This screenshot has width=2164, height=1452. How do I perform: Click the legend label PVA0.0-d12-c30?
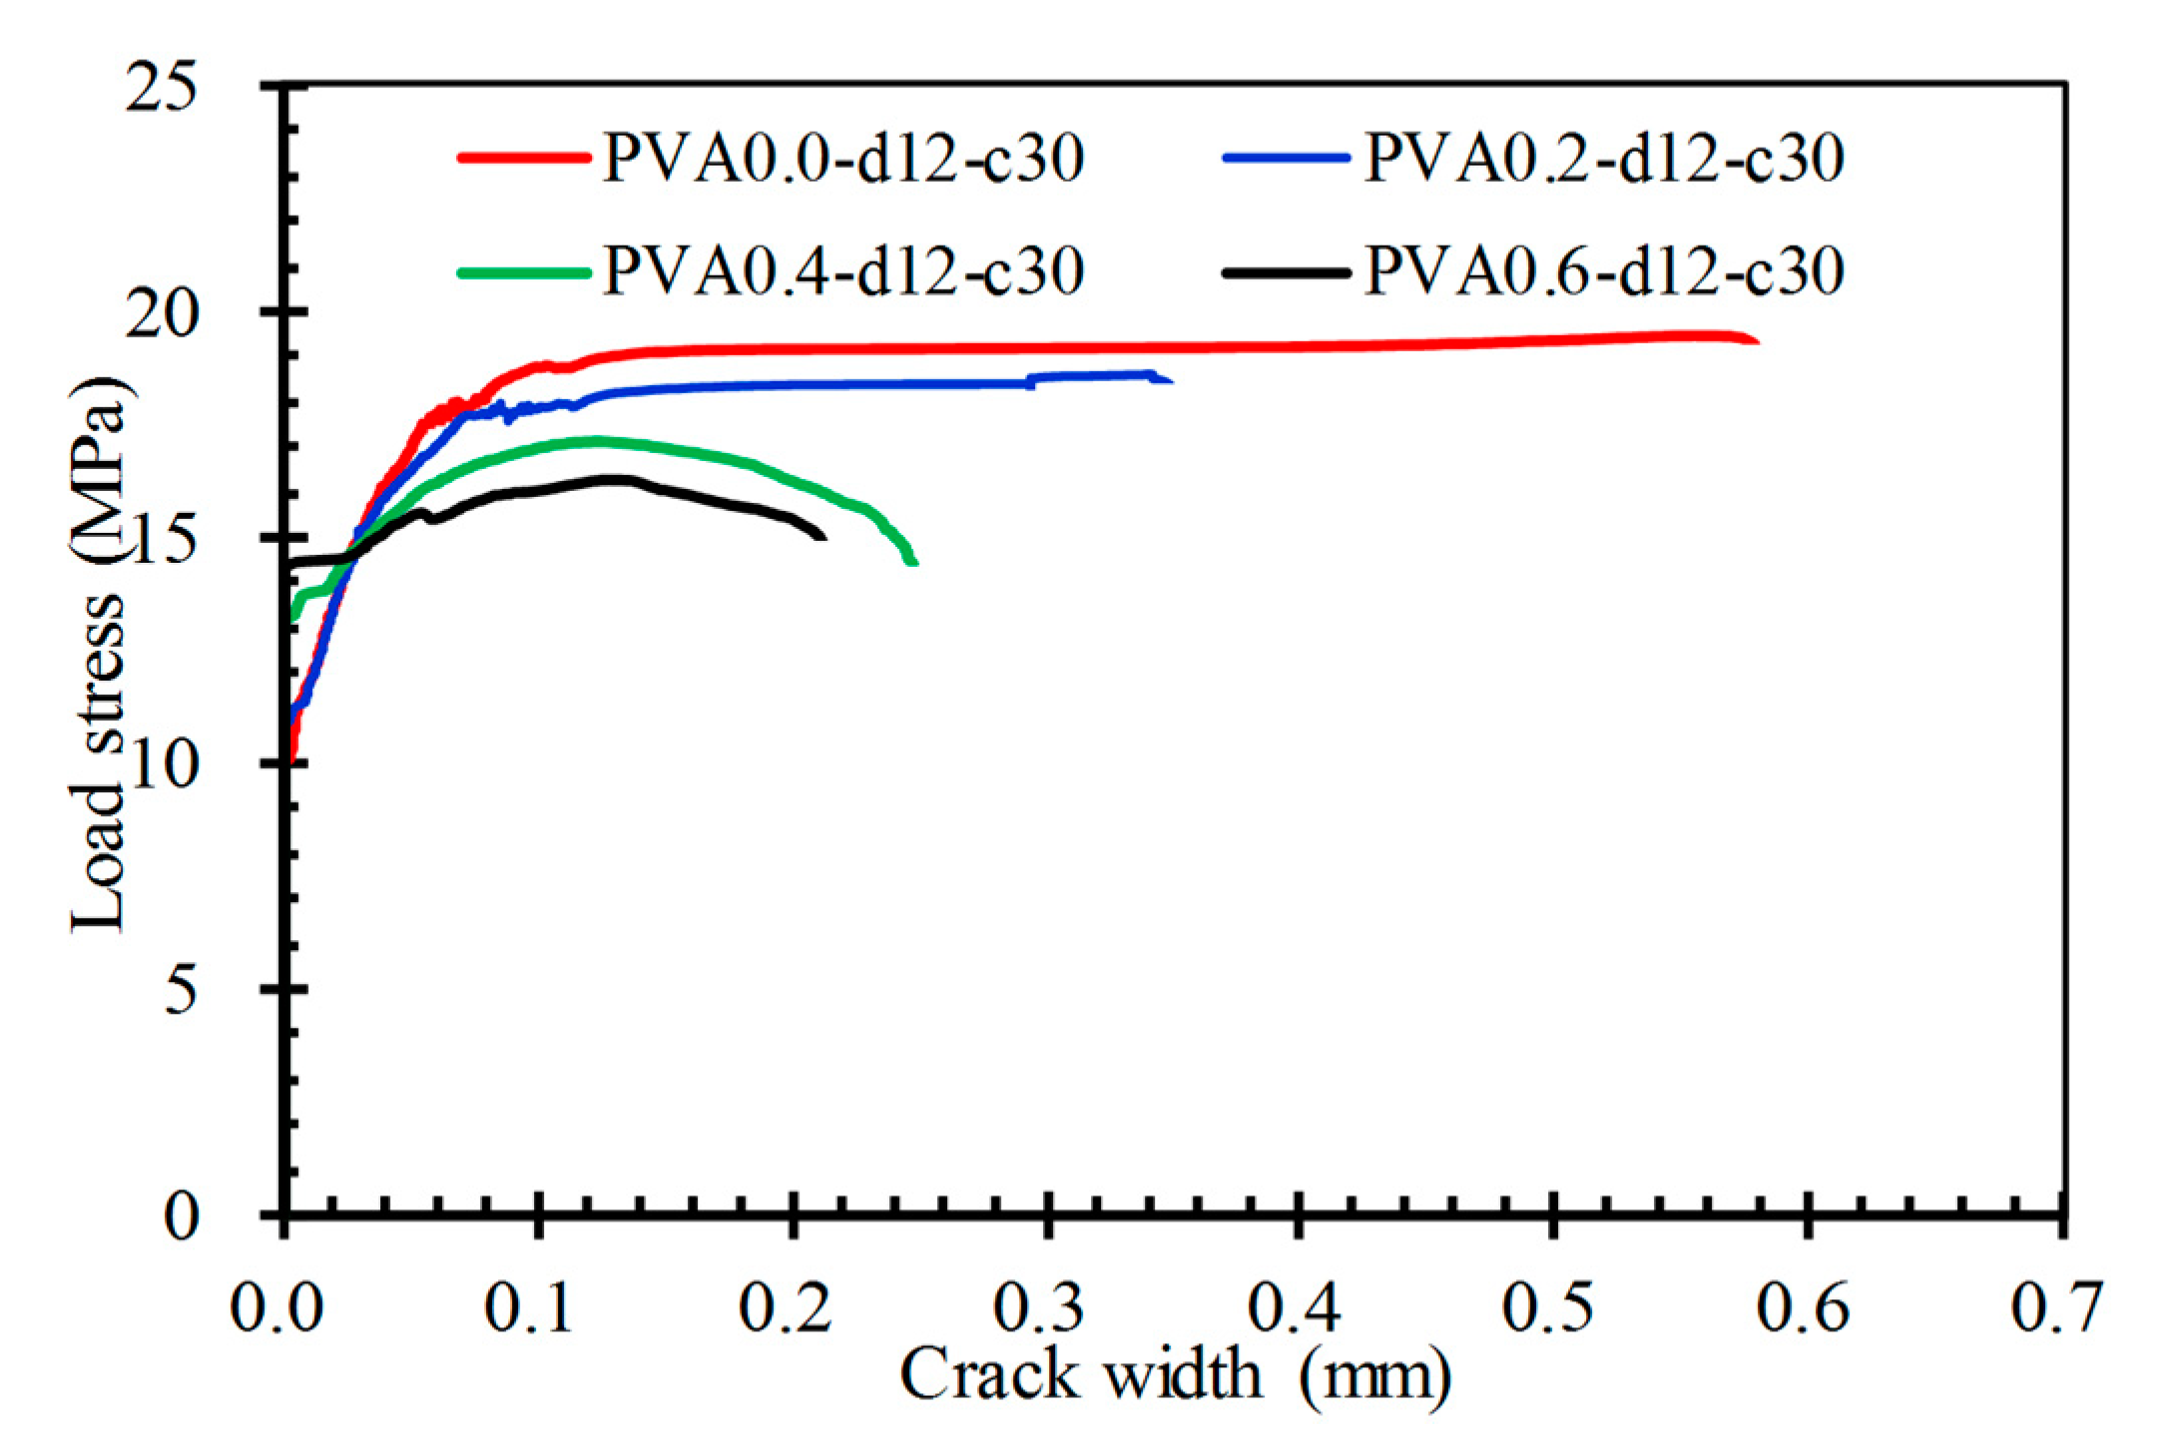(x=843, y=159)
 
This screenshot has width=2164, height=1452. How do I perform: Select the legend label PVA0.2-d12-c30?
(x=1604, y=159)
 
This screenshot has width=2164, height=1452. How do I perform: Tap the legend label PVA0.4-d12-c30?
(x=843, y=270)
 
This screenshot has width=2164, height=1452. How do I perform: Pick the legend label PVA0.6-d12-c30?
(x=1604, y=270)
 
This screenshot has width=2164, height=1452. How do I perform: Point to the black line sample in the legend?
(x=1286, y=270)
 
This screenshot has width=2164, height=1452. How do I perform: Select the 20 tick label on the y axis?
(x=160, y=313)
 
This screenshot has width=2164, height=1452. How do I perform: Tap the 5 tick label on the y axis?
(x=181, y=991)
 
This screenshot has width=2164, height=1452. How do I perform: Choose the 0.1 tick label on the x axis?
(x=529, y=1306)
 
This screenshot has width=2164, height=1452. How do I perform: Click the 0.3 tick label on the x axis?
(x=1038, y=1306)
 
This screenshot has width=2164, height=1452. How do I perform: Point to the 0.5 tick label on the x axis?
(x=1547, y=1306)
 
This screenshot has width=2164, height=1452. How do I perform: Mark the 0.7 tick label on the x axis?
(x=2056, y=1306)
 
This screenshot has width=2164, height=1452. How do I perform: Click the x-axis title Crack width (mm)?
(x=1176, y=1376)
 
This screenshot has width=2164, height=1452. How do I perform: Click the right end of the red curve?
(x=1757, y=341)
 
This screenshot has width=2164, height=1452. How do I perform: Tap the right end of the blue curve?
(x=1170, y=380)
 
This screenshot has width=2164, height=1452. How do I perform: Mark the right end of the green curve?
(x=913, y=563)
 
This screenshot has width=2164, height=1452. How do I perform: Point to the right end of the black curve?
(x=823, y=537)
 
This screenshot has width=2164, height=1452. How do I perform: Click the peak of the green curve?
(x=597, y=440)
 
